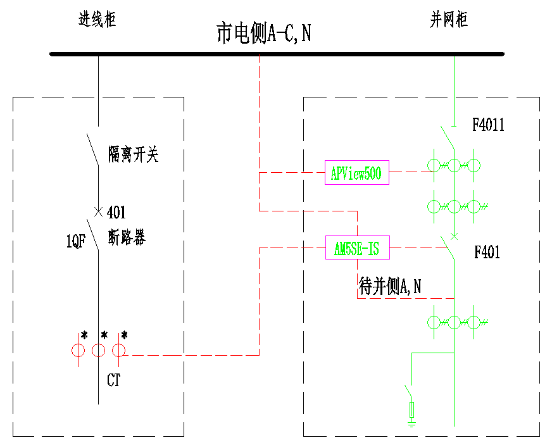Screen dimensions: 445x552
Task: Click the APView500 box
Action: pos(357,172)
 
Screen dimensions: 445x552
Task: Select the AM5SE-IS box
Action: pos(357,248)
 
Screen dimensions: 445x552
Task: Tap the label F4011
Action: pos(488,125)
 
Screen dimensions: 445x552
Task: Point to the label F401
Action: pos(487,253)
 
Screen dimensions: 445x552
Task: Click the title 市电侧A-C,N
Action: pos(263,34)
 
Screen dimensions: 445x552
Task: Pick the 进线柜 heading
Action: pos(97,20)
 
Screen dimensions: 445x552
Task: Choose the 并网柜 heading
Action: pos(448,20)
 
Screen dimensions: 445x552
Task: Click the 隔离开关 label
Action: pos(133,154)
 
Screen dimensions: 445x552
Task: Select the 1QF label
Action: pos(75,241)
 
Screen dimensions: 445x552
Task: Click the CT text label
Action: pos(113,380)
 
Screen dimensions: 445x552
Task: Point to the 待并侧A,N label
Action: pos(390,287)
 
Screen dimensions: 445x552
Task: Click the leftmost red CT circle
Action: pos(78,350)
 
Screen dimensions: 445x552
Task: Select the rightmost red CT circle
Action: pos(118,350)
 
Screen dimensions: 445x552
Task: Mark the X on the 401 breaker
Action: pos(98,211)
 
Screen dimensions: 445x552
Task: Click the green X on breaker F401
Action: pos(453,237)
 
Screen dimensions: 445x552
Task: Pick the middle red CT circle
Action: pos(98,350)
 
